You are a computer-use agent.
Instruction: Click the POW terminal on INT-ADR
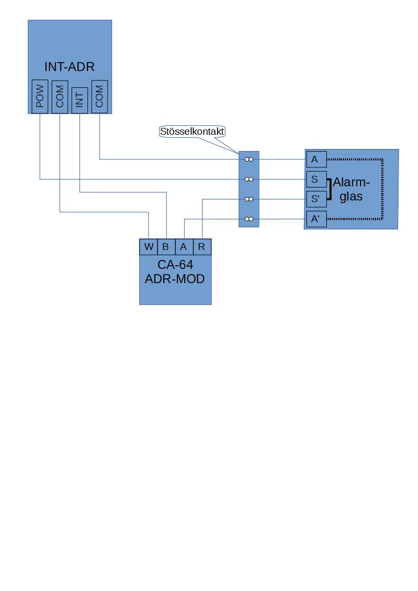point(39,96)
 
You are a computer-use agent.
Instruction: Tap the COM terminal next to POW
point(59,96)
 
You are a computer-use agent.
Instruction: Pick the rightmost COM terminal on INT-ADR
point(99,96)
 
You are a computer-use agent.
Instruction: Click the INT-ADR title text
point(69,67)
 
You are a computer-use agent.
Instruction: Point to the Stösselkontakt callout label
point(192,131)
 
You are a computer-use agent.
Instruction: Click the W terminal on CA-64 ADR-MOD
point(148,247)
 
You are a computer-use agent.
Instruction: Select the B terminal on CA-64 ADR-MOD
point(166,247)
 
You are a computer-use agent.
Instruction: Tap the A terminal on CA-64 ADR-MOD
point(184,247)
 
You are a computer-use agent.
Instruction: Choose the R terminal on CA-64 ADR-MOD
point(202,247)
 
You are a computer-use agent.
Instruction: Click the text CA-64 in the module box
point(175,265)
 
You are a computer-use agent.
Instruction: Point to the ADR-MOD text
point(175,278)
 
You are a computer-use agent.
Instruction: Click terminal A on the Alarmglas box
point(316,159)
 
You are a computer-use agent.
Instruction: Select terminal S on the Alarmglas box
point(316,179)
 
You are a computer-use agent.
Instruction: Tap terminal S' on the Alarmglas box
point(316,199)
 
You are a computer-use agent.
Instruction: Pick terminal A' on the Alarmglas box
point(316,219)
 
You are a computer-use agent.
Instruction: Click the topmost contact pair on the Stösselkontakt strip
point(249,159)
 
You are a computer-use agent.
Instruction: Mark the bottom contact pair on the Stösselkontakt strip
point(249,219)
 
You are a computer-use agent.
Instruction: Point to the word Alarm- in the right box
point(351,183)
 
